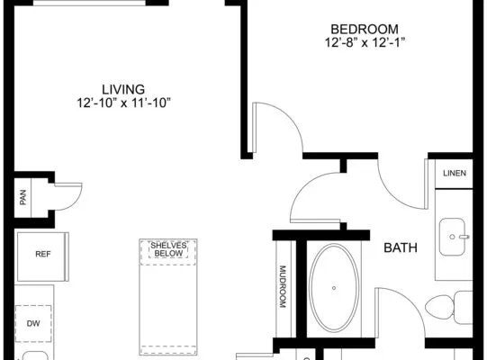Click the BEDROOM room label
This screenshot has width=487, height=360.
click(x=365, y=29)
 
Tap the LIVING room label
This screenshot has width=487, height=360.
click(x=123, y=89)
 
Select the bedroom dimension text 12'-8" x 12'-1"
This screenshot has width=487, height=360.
click(x=365, y=42)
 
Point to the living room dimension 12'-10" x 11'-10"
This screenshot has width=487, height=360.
click(x=124, y=103)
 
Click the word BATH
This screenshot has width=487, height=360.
click(x=401, y=247)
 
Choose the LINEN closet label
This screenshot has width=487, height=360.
click(x=455, y=174)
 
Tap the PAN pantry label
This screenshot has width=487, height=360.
click(x=23, y=197)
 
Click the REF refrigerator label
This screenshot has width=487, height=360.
click(x=43, y=254)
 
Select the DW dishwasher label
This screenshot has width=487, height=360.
click(x=33, y=324)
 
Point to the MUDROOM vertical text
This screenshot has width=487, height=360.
click(x=283, y=286)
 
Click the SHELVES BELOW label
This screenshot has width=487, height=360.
click(x=168, y=249)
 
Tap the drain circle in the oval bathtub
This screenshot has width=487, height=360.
click(x=334, y=288)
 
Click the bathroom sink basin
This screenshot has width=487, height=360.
click(x=453, y=237)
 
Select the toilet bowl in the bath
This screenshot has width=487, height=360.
click(x=439, y=309)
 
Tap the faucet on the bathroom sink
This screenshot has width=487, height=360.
click(x=464, y=237)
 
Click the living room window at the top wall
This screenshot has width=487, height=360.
click(x=89, y=3)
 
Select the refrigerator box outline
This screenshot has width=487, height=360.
click(x=43, y=256)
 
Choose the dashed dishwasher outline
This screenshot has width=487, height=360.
click(x=33, y=324)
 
